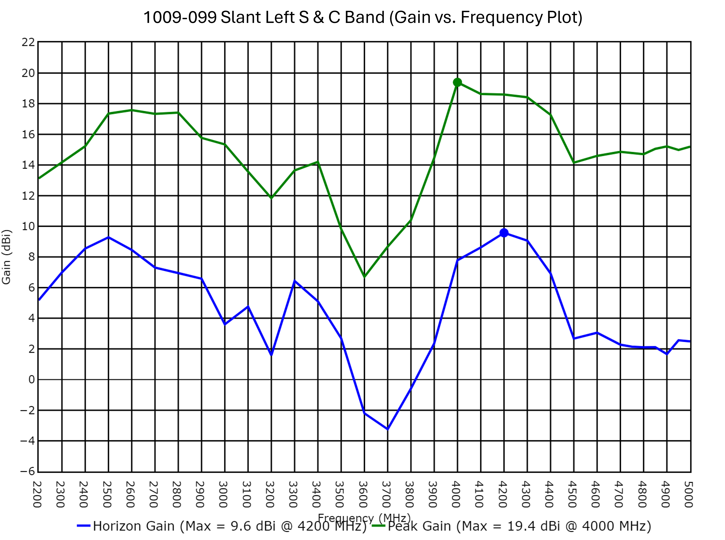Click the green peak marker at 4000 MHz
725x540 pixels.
457,82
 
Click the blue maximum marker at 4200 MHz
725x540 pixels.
504,233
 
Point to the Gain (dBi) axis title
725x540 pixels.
7,257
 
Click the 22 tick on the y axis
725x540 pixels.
28,42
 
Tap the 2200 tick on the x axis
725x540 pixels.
38,494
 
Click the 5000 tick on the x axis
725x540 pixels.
688,494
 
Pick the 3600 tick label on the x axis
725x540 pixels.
363,494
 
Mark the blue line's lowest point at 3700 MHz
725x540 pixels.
388,429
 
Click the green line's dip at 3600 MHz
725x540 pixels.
364,277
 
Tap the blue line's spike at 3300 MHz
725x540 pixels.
294,281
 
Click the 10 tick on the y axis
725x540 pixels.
28,226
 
